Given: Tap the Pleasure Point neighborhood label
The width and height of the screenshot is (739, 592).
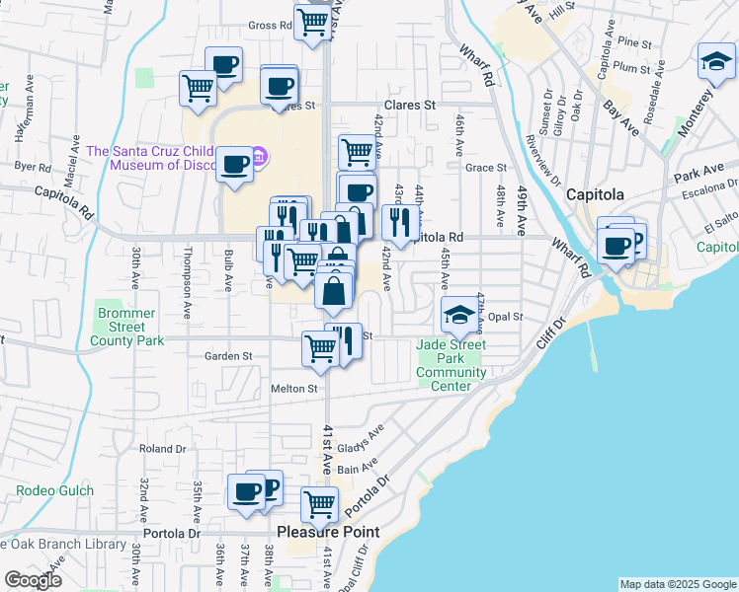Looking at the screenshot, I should tap(328, 532).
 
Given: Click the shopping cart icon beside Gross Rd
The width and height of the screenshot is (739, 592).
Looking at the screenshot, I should tap(312, 23).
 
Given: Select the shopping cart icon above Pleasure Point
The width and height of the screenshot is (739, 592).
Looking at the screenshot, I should tap(319, 504).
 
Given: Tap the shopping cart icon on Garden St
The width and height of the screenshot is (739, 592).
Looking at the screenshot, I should tap(320, 348).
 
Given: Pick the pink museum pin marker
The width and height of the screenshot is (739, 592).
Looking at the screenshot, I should tap(259, 156).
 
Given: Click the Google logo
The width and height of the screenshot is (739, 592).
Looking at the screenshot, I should tap(33, 580).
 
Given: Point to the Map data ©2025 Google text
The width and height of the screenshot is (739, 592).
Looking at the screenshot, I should tap(678, 584).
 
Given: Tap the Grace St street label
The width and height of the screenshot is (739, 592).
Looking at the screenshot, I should tap(485, 168).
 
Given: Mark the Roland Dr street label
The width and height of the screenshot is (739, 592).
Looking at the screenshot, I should tap(156, 448).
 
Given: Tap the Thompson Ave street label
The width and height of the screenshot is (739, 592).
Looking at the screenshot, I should tap(185, 281).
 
